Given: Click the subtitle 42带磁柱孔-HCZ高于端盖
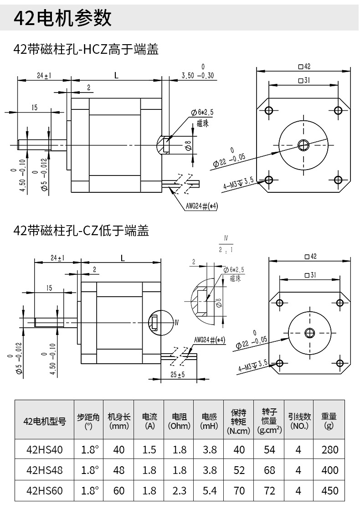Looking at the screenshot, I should tap(86, 50).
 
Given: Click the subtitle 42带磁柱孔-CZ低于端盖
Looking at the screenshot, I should tap(82, 231).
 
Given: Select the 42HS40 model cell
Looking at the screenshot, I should tap(44, 450).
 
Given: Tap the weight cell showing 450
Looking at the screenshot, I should tap(329, 491).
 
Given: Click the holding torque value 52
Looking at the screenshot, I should tap(239, 470).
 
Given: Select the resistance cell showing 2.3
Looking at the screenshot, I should tap(179, 491).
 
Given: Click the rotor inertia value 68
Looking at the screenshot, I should tap(269, 470).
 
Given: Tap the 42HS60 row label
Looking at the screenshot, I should tap(44, 491).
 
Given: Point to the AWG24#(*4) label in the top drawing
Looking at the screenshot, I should tap(202, 206).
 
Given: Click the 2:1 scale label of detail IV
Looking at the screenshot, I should tap(226, 250).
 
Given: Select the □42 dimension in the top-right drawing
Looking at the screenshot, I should tap(304, 67).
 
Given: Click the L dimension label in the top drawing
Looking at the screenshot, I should tap(116, 76).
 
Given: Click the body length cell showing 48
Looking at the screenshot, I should tap(118, 470).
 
